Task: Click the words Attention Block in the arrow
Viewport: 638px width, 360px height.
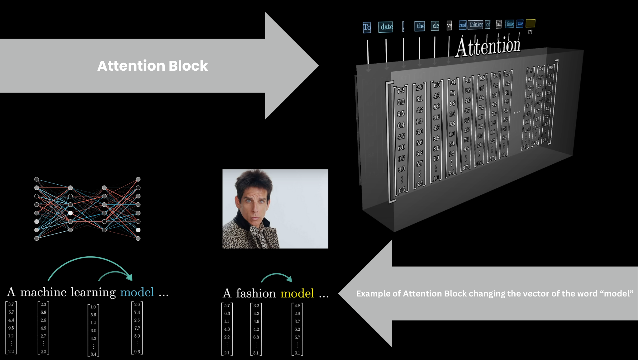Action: pyautogui.click(x=153, y=66)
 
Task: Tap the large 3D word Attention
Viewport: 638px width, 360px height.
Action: pyautogui.click(x=488, y=47)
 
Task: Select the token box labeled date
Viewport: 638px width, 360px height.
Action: pyautogui.click(x=386, y=27)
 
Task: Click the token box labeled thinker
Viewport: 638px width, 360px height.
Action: pyautogui.click(x=476, y=25)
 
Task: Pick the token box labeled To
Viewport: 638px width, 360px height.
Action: pyautogui.click(x=367, y=27)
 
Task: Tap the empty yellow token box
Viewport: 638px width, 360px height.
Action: pyautogui.click(x=530, y=23)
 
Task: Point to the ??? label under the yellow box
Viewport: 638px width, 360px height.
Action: pyautogui.click(x=530, y=32)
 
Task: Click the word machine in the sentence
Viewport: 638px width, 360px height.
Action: pyautogui.click(x=43, y=292)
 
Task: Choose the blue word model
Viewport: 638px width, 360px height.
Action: pyautogui.click(x=137, y=292)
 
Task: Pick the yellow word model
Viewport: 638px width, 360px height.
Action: pyautogui.click(x=297, y=293)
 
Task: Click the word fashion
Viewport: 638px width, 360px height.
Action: pyautogui.click(x=256, y=293)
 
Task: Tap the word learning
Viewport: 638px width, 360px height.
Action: pyautogui.click(x=93, y=292)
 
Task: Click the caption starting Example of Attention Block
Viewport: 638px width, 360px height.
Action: pyautogui.click(x=495, y=293)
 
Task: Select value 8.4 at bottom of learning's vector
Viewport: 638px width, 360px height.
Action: pyautogui.click(x=93, y=354)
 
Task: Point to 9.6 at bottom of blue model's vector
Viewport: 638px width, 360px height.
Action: pyautogui.click(x=137, y=352)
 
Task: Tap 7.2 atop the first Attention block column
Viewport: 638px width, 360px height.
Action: pyautogui.click(x=401, y=90)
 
